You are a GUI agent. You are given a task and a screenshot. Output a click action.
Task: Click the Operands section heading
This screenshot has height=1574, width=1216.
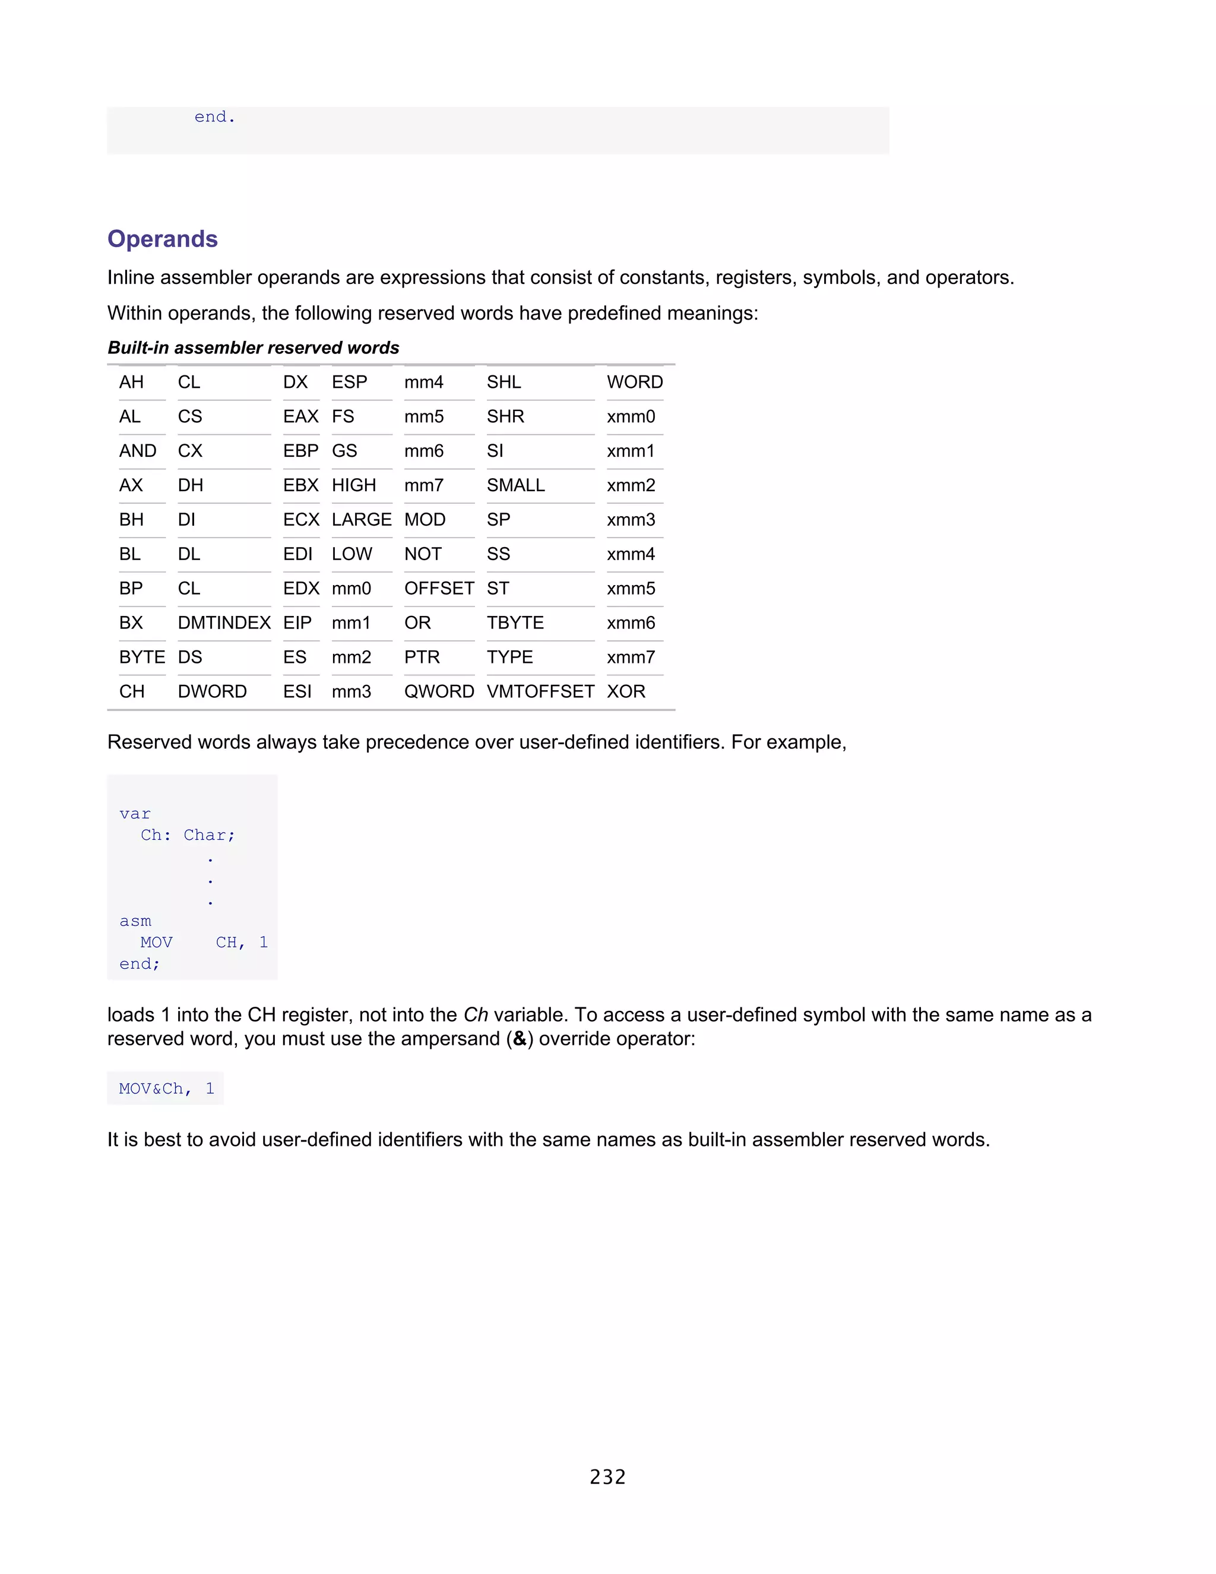point(162,239)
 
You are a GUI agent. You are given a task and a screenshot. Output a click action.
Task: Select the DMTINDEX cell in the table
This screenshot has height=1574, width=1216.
point(224,622)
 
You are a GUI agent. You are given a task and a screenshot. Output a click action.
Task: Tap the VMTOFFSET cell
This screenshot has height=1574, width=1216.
point(540,691)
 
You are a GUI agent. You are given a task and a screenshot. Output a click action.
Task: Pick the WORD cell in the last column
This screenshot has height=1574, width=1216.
point(634,382)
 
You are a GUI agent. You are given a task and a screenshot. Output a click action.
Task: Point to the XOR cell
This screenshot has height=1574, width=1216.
point(625,691)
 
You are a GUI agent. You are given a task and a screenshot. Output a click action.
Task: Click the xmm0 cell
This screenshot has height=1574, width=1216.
point(631,416)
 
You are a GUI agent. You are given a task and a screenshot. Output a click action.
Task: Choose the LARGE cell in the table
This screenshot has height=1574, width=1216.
point(361,520)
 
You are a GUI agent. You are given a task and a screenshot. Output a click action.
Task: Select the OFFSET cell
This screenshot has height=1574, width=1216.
point(439,588)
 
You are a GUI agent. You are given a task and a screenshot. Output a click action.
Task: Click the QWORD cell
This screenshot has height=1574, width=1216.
point(439,691)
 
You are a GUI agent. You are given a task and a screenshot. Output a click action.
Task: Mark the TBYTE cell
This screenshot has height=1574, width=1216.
point(514,622)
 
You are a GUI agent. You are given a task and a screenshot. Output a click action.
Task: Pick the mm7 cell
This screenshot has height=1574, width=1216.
point(423,485)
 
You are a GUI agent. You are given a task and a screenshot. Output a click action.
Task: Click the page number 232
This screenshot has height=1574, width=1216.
point(607,1477)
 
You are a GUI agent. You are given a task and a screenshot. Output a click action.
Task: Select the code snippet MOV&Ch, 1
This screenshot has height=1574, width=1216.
point(166,1088)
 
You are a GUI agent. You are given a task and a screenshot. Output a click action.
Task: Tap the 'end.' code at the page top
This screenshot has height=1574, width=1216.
point(215,117)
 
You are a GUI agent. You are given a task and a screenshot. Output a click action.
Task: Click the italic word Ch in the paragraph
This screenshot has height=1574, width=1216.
point(476,1014)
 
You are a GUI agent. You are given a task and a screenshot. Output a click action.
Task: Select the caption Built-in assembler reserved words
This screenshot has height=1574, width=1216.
point(253,348)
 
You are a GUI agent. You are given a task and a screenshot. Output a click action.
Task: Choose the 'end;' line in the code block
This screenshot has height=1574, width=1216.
point(139,963)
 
